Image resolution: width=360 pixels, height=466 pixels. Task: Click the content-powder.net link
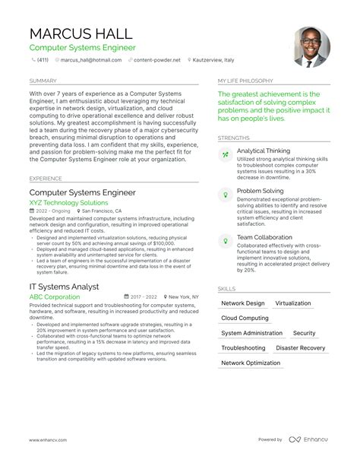click(x=157, y=59)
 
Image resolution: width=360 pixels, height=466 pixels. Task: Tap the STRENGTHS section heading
click(x=233, y=137)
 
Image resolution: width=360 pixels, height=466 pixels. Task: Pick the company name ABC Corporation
click(x=55, y=296)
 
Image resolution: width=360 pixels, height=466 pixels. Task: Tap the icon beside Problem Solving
click(x=225, y=195)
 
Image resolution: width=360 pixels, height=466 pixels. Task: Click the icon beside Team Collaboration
click(x=225, y=240)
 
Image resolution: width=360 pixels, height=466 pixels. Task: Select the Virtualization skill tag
click(x=292, y=303)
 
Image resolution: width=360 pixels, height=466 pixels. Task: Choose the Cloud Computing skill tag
click(x=245, y=318)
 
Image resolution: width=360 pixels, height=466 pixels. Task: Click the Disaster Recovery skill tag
click(x=300, y=348)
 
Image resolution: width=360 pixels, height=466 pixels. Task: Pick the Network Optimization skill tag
click(x=250, y=363)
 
